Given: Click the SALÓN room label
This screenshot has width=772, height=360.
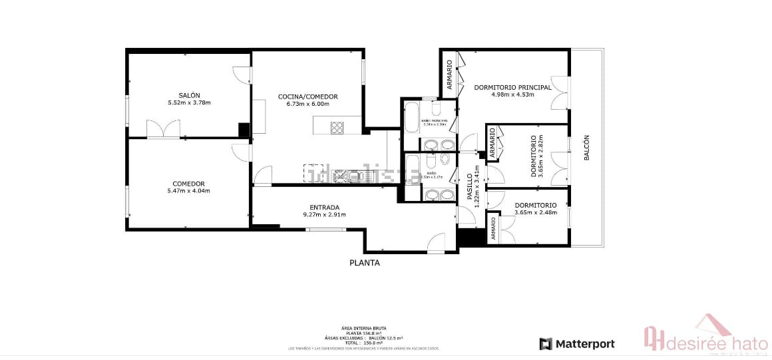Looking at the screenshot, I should click(189, 95).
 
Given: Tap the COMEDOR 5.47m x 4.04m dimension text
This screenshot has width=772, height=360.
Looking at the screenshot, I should click(188, 191).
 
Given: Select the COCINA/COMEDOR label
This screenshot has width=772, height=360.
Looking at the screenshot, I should click(307, 96).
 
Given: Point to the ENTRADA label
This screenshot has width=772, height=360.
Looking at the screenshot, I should click(324, 206).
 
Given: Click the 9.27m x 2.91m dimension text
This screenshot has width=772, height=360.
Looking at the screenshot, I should click(324, 214).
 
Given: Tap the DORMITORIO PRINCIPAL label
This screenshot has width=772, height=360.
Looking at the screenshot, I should click(512, 87).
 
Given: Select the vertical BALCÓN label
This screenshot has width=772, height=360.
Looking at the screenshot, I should click(586, 148).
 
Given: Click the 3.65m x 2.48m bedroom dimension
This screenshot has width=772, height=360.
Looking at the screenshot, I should click(535, 213).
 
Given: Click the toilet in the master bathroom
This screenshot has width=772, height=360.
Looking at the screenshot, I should click(437, 109).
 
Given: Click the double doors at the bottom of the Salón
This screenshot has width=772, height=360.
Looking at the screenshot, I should click(164, 129).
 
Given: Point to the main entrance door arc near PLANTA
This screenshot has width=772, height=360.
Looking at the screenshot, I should click(437, 244).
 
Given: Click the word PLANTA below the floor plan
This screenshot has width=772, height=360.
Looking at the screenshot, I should click(365, 263).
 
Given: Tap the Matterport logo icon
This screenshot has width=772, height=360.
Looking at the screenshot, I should click(546, 344).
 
